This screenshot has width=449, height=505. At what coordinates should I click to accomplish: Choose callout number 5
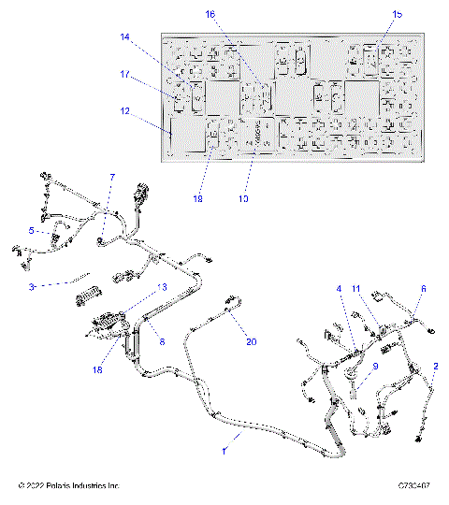(x=32, y=230)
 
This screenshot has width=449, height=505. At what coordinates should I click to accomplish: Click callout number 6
(x=422, y=289)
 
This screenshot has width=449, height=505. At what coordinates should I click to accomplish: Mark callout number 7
(x=112, y=176)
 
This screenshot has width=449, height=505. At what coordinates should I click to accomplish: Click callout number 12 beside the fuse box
(x=125, y=112)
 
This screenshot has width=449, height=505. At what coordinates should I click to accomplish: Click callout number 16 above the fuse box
(x=210, y=14)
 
